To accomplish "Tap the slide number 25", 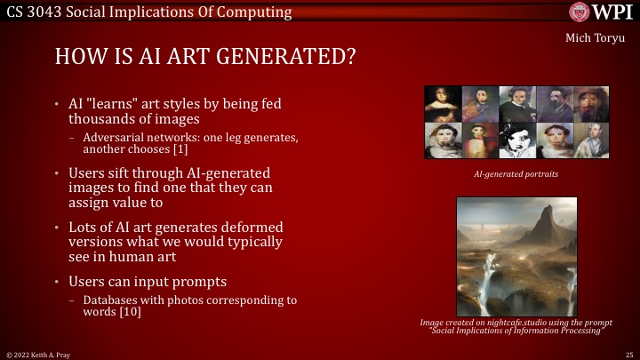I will (628, 354).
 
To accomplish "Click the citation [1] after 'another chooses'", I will (183, 149).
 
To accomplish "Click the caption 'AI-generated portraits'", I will (516, 174).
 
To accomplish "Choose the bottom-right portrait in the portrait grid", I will (590, 140).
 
